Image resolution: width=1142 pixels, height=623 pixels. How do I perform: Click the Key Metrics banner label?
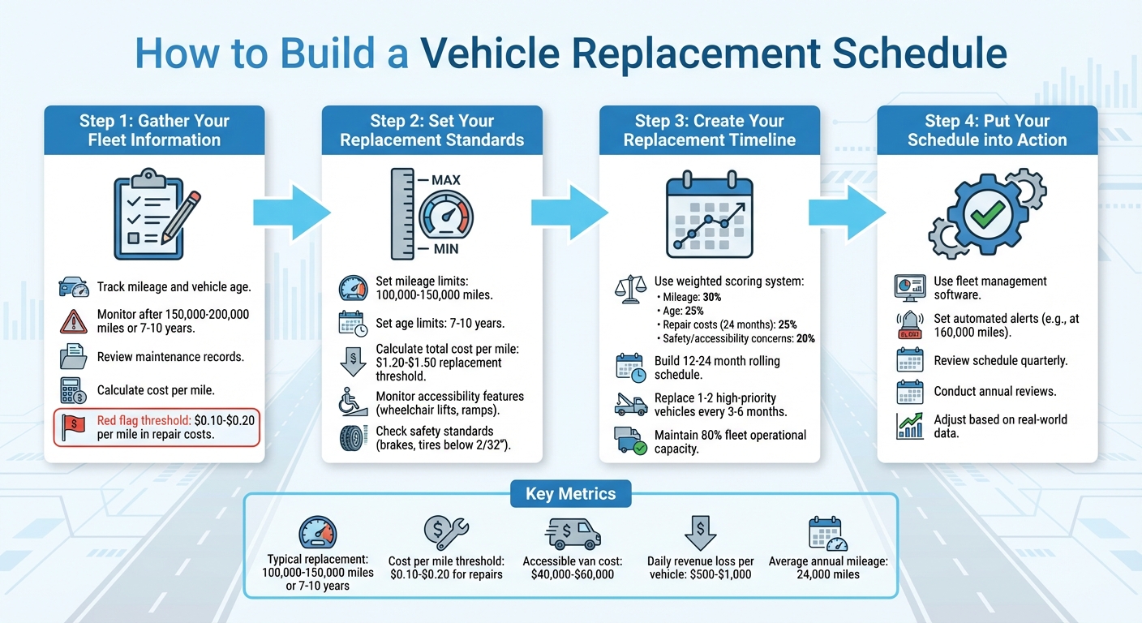pos(570,493)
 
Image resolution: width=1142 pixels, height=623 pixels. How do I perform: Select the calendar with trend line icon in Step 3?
pos(709,213)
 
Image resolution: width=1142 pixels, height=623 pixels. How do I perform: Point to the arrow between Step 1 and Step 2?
pos(292,213)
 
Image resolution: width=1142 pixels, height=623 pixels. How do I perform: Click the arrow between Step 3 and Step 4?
pos(847,213)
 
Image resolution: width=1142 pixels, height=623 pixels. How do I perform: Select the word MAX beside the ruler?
pos(446,179)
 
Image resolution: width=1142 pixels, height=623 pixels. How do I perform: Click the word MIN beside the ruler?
pos(444,249)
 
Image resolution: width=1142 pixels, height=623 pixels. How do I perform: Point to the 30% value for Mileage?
pos(711,298)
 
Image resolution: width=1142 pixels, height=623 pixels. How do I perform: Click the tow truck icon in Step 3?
pos(630,404)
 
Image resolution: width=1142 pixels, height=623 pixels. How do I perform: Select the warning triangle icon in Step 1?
pos(74,321)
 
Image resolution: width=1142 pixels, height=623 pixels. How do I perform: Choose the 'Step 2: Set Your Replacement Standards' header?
pos(431,130)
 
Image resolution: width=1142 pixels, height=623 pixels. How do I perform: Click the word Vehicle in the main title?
pos(497,54)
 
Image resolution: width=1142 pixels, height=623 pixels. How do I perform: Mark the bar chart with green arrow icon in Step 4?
pos(910,426)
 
